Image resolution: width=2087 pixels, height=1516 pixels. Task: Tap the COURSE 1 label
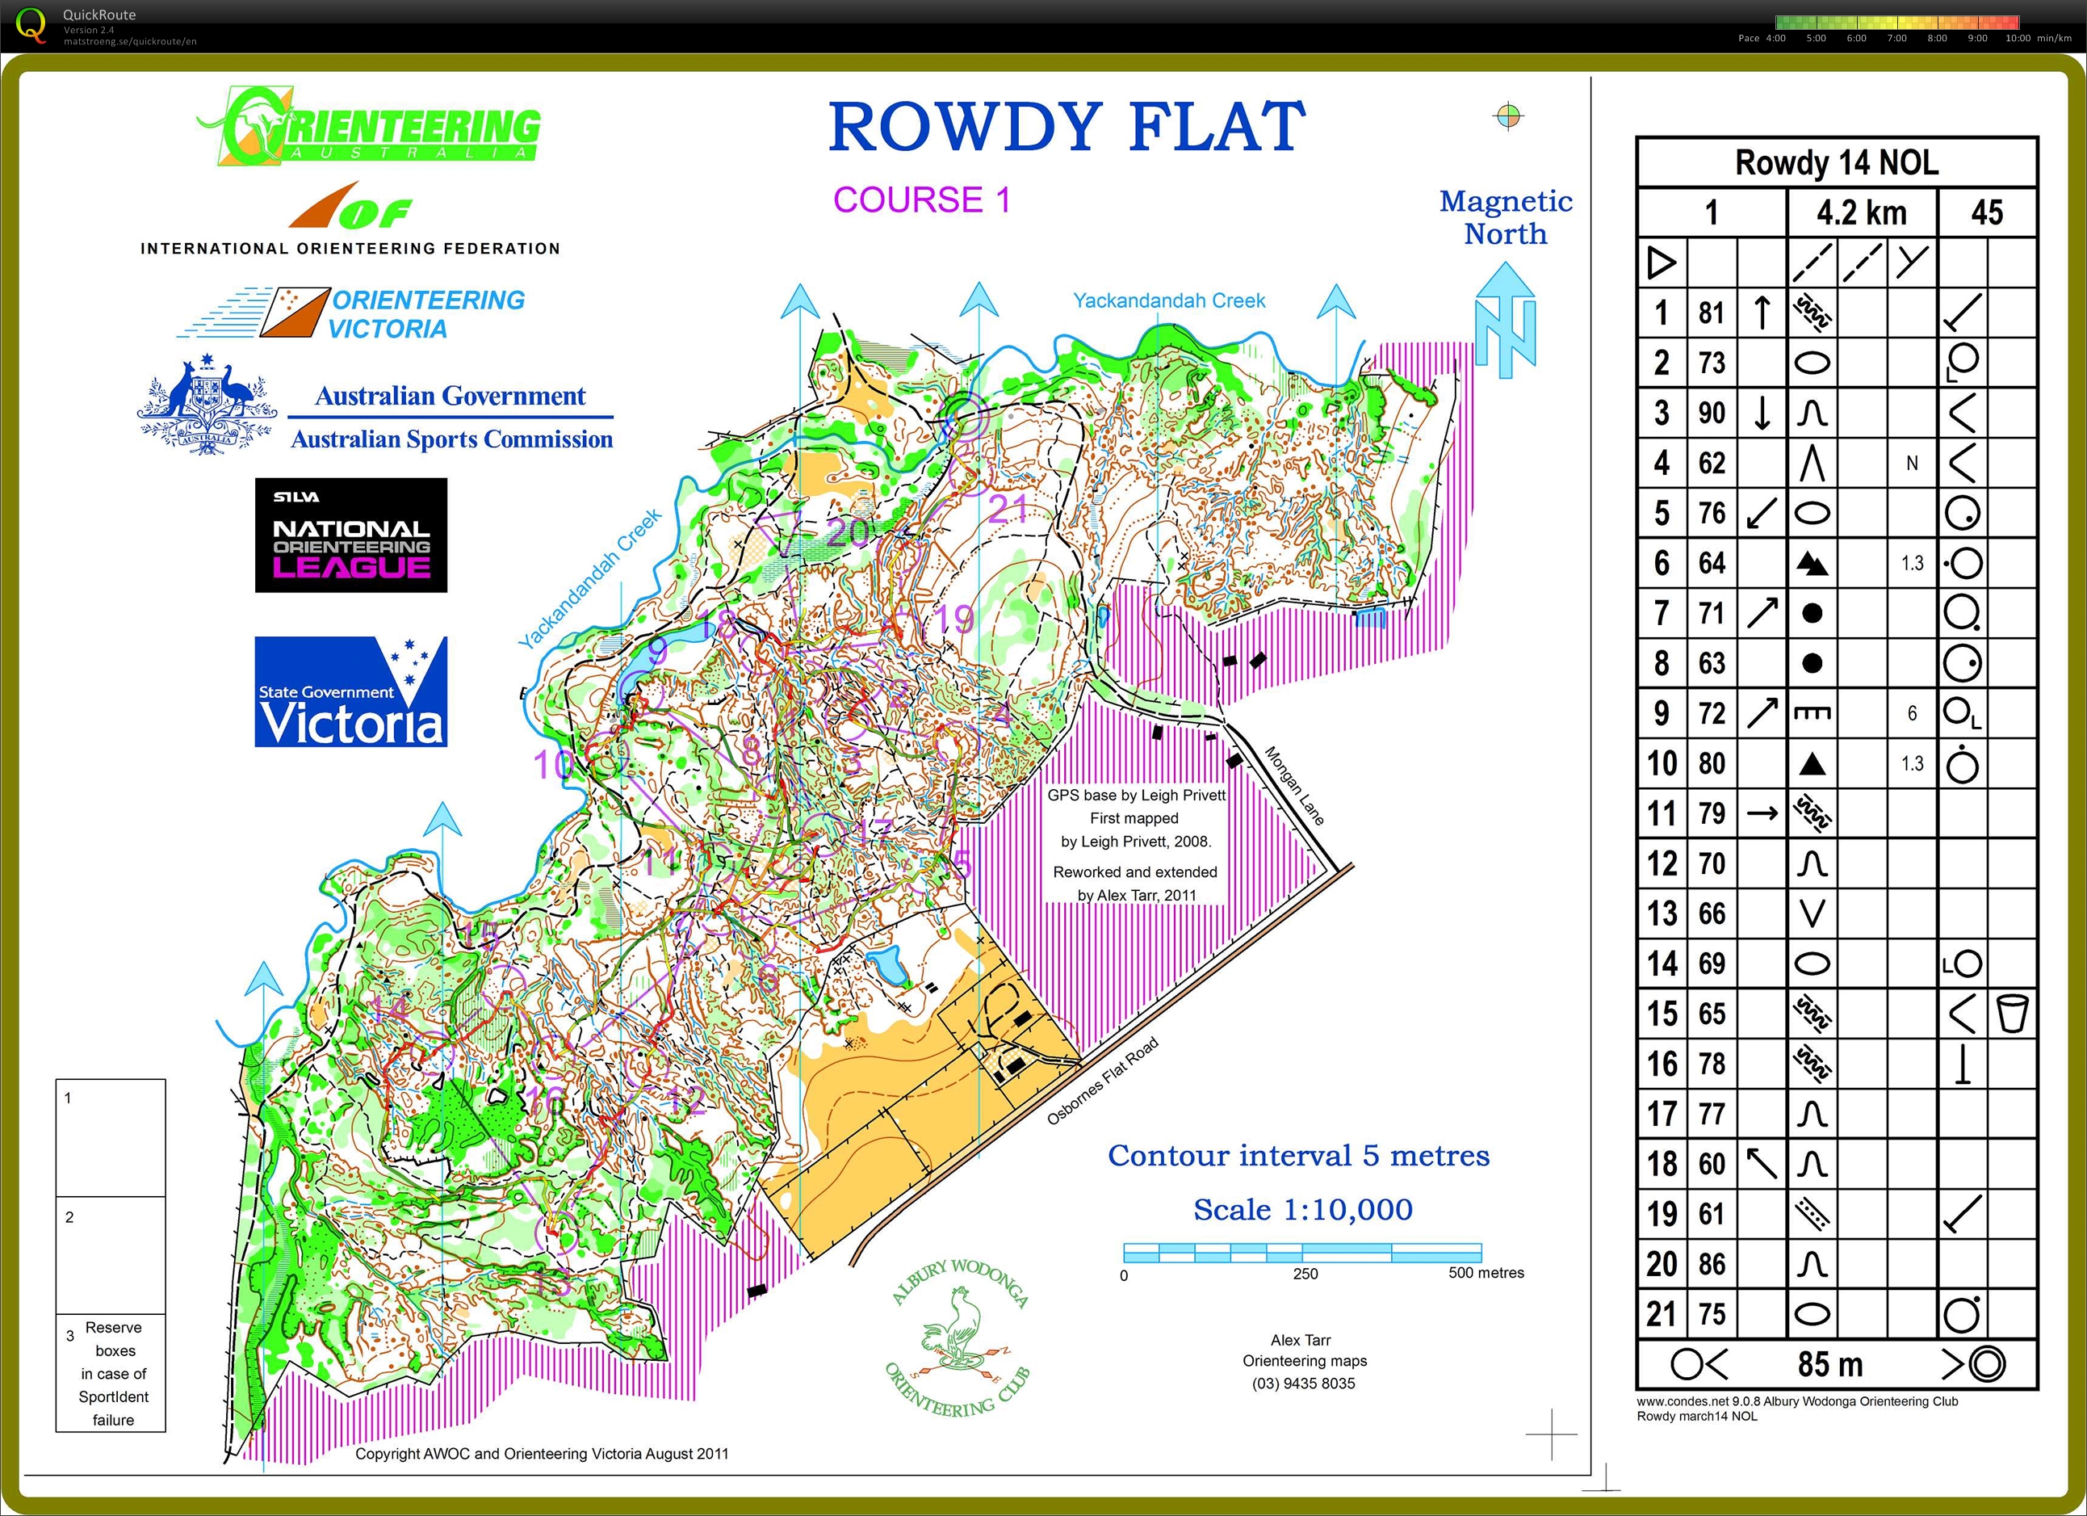[x=921, y=199]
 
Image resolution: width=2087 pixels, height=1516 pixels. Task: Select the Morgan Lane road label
[x=1294, y=785]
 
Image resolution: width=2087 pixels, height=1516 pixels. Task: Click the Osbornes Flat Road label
[x=1101, y=1081]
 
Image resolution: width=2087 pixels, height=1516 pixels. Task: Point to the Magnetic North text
[x=1506, y=217]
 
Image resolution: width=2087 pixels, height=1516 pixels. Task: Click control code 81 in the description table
[x=1711, y=313]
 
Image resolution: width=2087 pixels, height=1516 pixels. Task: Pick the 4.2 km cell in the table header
[x=1861, y=212]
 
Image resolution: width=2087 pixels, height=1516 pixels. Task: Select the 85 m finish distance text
[x=1829, y=1363]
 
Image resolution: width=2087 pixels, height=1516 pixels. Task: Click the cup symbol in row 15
[x=2012, y=1014]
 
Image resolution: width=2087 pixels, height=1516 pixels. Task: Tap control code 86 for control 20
[x=1711, y=1264]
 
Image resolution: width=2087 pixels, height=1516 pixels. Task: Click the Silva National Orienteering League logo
[x=350, y=535]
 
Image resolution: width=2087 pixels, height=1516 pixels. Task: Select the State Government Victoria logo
[x=350, y=691]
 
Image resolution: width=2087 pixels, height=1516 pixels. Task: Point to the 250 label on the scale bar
[x=1305, y=1274]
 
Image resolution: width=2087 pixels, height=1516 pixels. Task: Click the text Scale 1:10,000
[x=1302, y=1209]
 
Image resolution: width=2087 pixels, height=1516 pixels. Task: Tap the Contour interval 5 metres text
[x=1297, y=1155]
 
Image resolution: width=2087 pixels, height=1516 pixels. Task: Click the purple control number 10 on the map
[x=553, y=765]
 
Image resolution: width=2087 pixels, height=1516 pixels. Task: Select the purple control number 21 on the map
[x=1008, y=509]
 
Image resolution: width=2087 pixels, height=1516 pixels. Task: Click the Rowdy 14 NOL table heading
[x=1836, y=163]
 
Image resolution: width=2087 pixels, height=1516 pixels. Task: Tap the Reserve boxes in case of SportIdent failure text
[x=113, y=1372]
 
